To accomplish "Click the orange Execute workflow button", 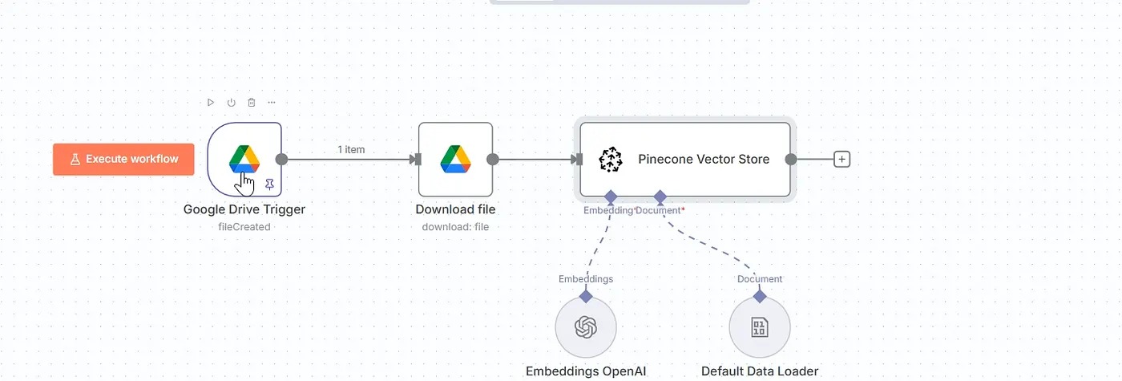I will point(123,159).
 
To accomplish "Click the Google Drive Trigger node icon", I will point(244,158).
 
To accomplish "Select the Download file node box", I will point(455,159).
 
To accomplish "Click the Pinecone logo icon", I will point(611,159).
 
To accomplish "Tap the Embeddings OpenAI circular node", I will point(586,327).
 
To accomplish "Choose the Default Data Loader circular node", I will point(760,327).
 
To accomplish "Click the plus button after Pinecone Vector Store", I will point(841,159).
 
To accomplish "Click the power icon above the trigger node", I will point(232,103).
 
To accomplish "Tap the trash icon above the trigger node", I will point(252,103).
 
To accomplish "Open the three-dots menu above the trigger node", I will point(272,103).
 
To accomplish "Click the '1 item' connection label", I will point(351,150).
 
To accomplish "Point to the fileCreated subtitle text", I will point(244,227).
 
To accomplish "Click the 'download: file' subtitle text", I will point(455,227).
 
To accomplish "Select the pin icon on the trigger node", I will point(269,184).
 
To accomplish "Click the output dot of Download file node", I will point(492,159).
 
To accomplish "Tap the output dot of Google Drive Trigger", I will point(281,159).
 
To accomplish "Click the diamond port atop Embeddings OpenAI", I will point(586,296).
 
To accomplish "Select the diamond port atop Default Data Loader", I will point(760,296).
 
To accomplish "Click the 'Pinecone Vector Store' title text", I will point(704,159).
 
